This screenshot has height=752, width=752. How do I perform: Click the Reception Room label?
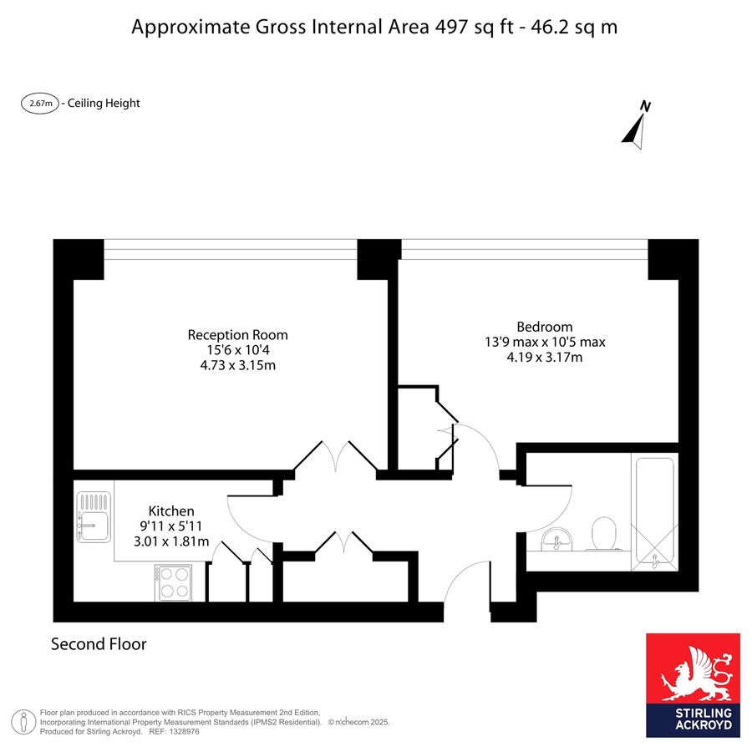coord(237,335)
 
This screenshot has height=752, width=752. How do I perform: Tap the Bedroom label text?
coord(544,327)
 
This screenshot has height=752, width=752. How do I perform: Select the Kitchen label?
coord(171,511)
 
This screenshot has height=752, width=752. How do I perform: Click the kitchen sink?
coord(94,517)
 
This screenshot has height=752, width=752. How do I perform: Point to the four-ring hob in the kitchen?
coord(174,582)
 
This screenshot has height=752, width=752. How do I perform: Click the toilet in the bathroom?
coord(604,533)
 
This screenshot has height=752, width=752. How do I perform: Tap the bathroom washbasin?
coord(556,539)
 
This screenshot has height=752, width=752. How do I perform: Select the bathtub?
coord(654,512)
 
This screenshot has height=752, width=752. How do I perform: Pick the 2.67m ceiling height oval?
coord(40,103)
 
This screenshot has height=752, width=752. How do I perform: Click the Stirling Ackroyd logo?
coord(693,685)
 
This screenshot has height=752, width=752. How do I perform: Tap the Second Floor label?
coord(99,643)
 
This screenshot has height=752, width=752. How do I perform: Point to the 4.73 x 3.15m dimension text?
coord(238,365)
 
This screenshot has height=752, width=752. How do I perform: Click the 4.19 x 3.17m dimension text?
coord(545,358)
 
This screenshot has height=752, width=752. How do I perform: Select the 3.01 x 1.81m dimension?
coord(171,541)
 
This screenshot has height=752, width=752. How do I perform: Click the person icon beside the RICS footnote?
coord(23,722)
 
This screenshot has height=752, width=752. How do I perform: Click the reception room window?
coord(231,249)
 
